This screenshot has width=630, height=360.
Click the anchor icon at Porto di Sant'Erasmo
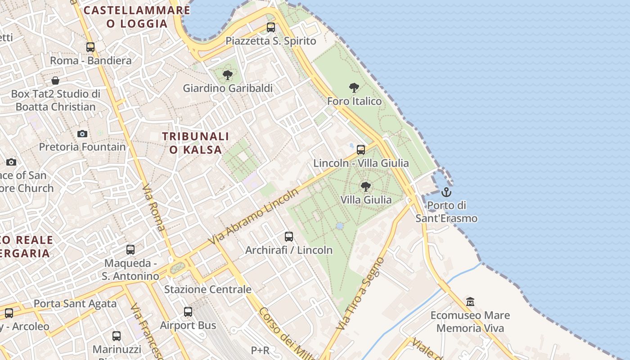[x=446, y=192]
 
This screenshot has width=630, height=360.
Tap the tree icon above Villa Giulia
[x=366, y=186]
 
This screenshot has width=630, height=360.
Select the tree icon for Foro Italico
[x=354, y=87]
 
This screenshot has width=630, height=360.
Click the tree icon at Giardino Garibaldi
[x=228, y=75]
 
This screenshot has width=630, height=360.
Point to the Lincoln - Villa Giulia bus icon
[x=361, y=149]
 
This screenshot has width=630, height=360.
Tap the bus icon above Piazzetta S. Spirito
[x=271, y=27]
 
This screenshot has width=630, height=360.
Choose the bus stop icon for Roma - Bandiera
[x=90, y=47]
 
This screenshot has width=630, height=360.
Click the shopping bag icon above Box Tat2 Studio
[x=55, y=81]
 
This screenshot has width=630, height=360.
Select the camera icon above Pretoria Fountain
[x=82, y=134]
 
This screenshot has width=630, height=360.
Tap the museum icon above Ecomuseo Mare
[x=470, y=301]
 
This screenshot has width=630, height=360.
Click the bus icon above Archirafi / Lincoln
[x=289, y=236]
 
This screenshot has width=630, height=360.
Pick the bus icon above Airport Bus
[x=188, y=311]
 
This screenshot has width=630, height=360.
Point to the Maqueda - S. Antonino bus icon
[x=130, y=249]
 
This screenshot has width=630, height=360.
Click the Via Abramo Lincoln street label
[x=254, y=217]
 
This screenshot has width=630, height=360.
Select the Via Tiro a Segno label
[x=361, y=293]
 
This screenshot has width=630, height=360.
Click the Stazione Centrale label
[x=207, y=289]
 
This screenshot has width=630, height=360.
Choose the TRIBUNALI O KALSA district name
[x=196, y=143]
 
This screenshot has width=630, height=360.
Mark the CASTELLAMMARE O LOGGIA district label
[x=137, y=17]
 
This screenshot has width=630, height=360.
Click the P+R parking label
[x=260, y=350]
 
